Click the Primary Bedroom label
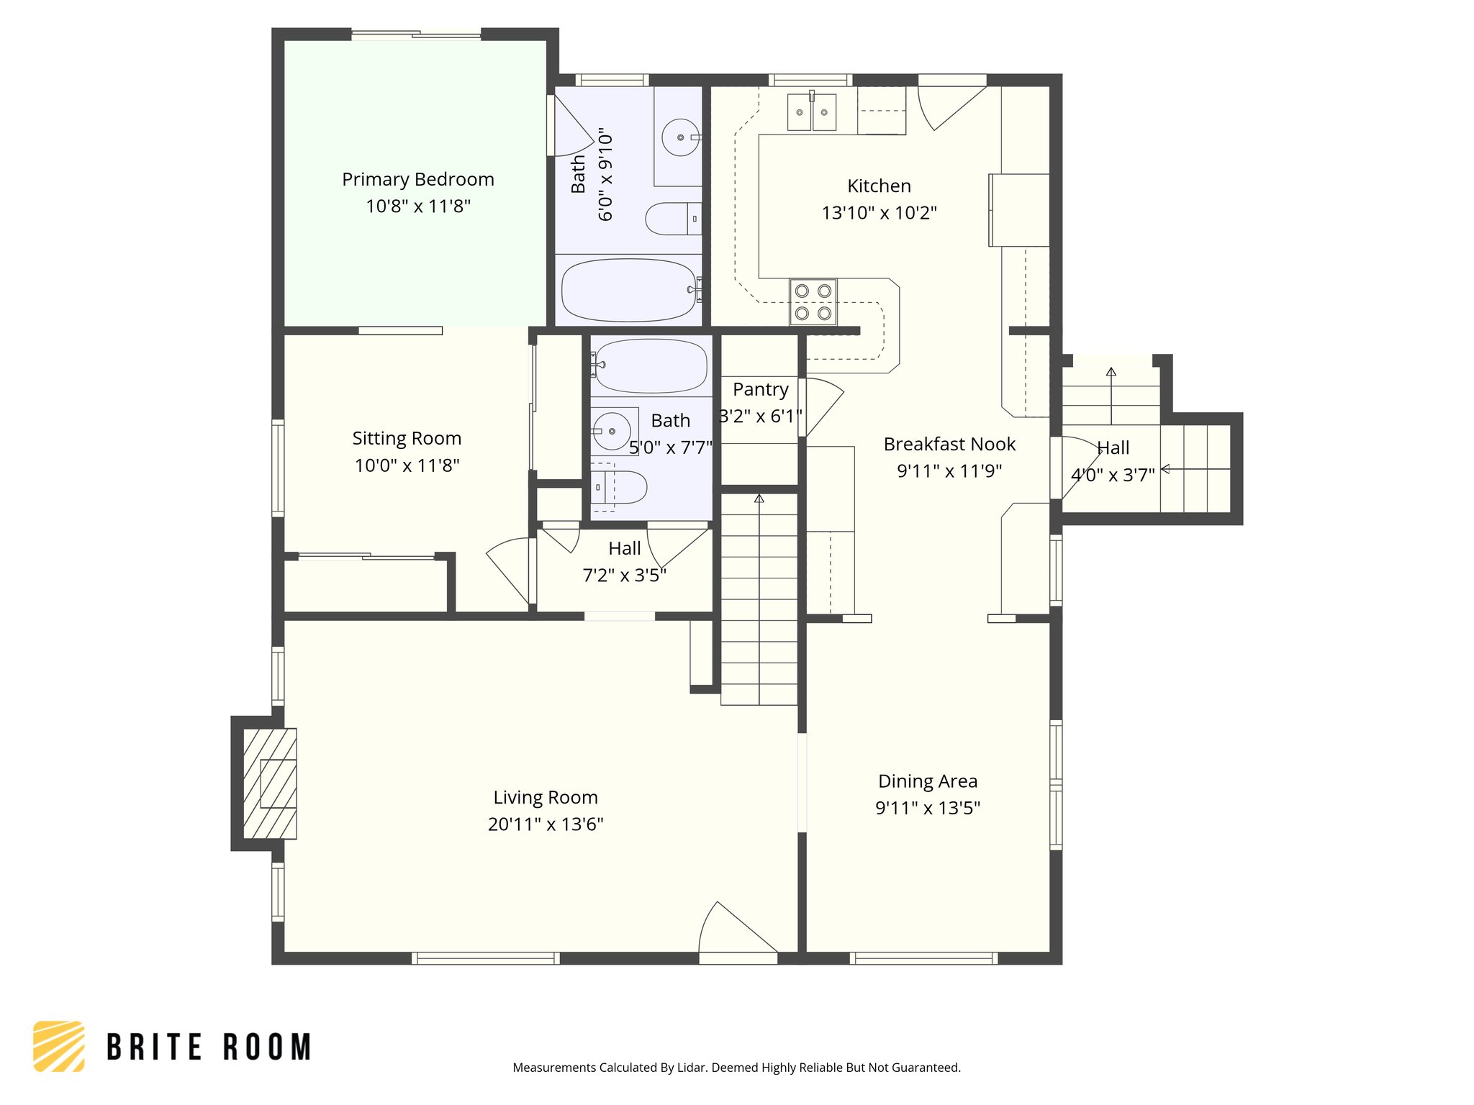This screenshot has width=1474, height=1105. click(417, 179)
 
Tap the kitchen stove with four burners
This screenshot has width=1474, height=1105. click(813, 302)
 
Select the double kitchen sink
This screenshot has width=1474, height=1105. click(812, 112)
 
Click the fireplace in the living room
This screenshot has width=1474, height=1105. click(270, 783)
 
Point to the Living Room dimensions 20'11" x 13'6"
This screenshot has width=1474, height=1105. click(546, 824)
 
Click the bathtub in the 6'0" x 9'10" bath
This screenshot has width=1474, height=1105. click(628, 290)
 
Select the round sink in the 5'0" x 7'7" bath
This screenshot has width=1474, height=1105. click(611, 431)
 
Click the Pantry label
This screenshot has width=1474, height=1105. click(760, 389)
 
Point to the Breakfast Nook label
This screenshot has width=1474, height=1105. click(949, 444)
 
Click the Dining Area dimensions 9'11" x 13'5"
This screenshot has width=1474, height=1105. click(928, 808)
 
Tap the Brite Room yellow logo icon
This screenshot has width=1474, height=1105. click(59, 1046)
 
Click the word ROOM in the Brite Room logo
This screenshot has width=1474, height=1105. click(267, 1047)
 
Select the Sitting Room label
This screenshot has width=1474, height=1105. click(407, 438)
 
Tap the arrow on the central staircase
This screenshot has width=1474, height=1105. click(759, 499)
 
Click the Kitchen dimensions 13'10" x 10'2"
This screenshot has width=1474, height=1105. click(879, 213)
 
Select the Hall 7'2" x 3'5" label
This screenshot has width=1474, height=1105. click(624, 549)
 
